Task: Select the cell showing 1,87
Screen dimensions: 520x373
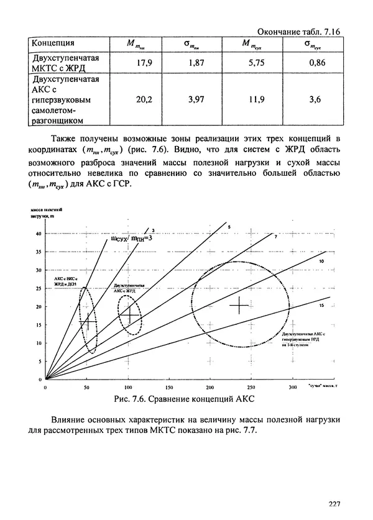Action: (195, 63)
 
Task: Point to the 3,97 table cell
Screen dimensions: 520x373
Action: (195, 99)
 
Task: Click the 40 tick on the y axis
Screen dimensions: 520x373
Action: (38, 234)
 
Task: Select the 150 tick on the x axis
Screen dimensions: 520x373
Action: (168, 387)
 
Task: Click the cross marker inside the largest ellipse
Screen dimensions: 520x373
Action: (239, 306)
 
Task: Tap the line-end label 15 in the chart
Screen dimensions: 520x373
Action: (322, 306)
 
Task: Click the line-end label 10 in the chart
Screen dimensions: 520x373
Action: (322, 263)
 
